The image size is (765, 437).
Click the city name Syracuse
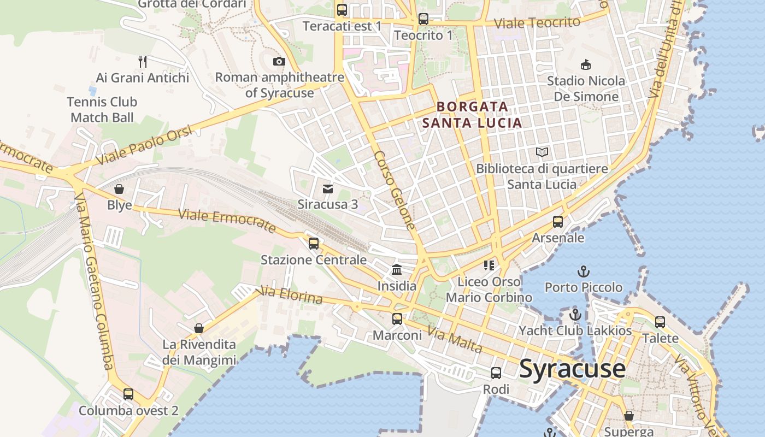(572, 369)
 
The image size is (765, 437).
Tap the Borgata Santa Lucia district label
(473, 115)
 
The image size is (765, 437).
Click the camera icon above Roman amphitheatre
(279, 61)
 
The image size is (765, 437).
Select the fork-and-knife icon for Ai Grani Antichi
(143, 61)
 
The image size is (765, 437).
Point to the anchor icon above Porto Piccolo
(584, 271)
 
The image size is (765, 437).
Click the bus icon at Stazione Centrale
(313, 244)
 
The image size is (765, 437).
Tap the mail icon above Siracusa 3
(327, 189)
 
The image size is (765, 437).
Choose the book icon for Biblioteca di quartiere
(542, 152)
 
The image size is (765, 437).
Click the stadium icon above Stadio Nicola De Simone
(586, 65)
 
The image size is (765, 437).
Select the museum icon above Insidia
(397, 270)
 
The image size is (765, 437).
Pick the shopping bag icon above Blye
(119, 190)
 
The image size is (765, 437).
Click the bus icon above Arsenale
(557, 222)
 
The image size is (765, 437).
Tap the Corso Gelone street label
(395, 190)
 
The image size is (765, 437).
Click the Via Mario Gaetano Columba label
(95, 281)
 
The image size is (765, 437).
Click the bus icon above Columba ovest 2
(128, 394)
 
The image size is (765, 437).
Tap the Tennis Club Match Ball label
(102, 110)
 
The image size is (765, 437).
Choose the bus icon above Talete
(660, 322)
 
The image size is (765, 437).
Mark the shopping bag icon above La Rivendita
(199, 328)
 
